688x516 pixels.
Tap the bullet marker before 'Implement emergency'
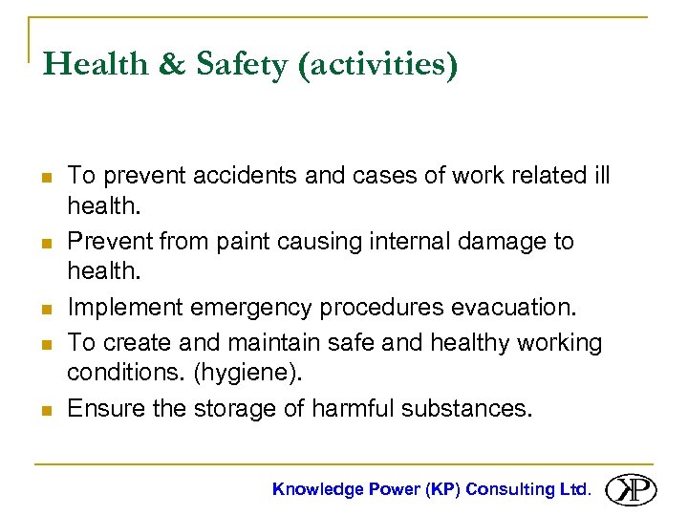(x=47, y=309)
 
